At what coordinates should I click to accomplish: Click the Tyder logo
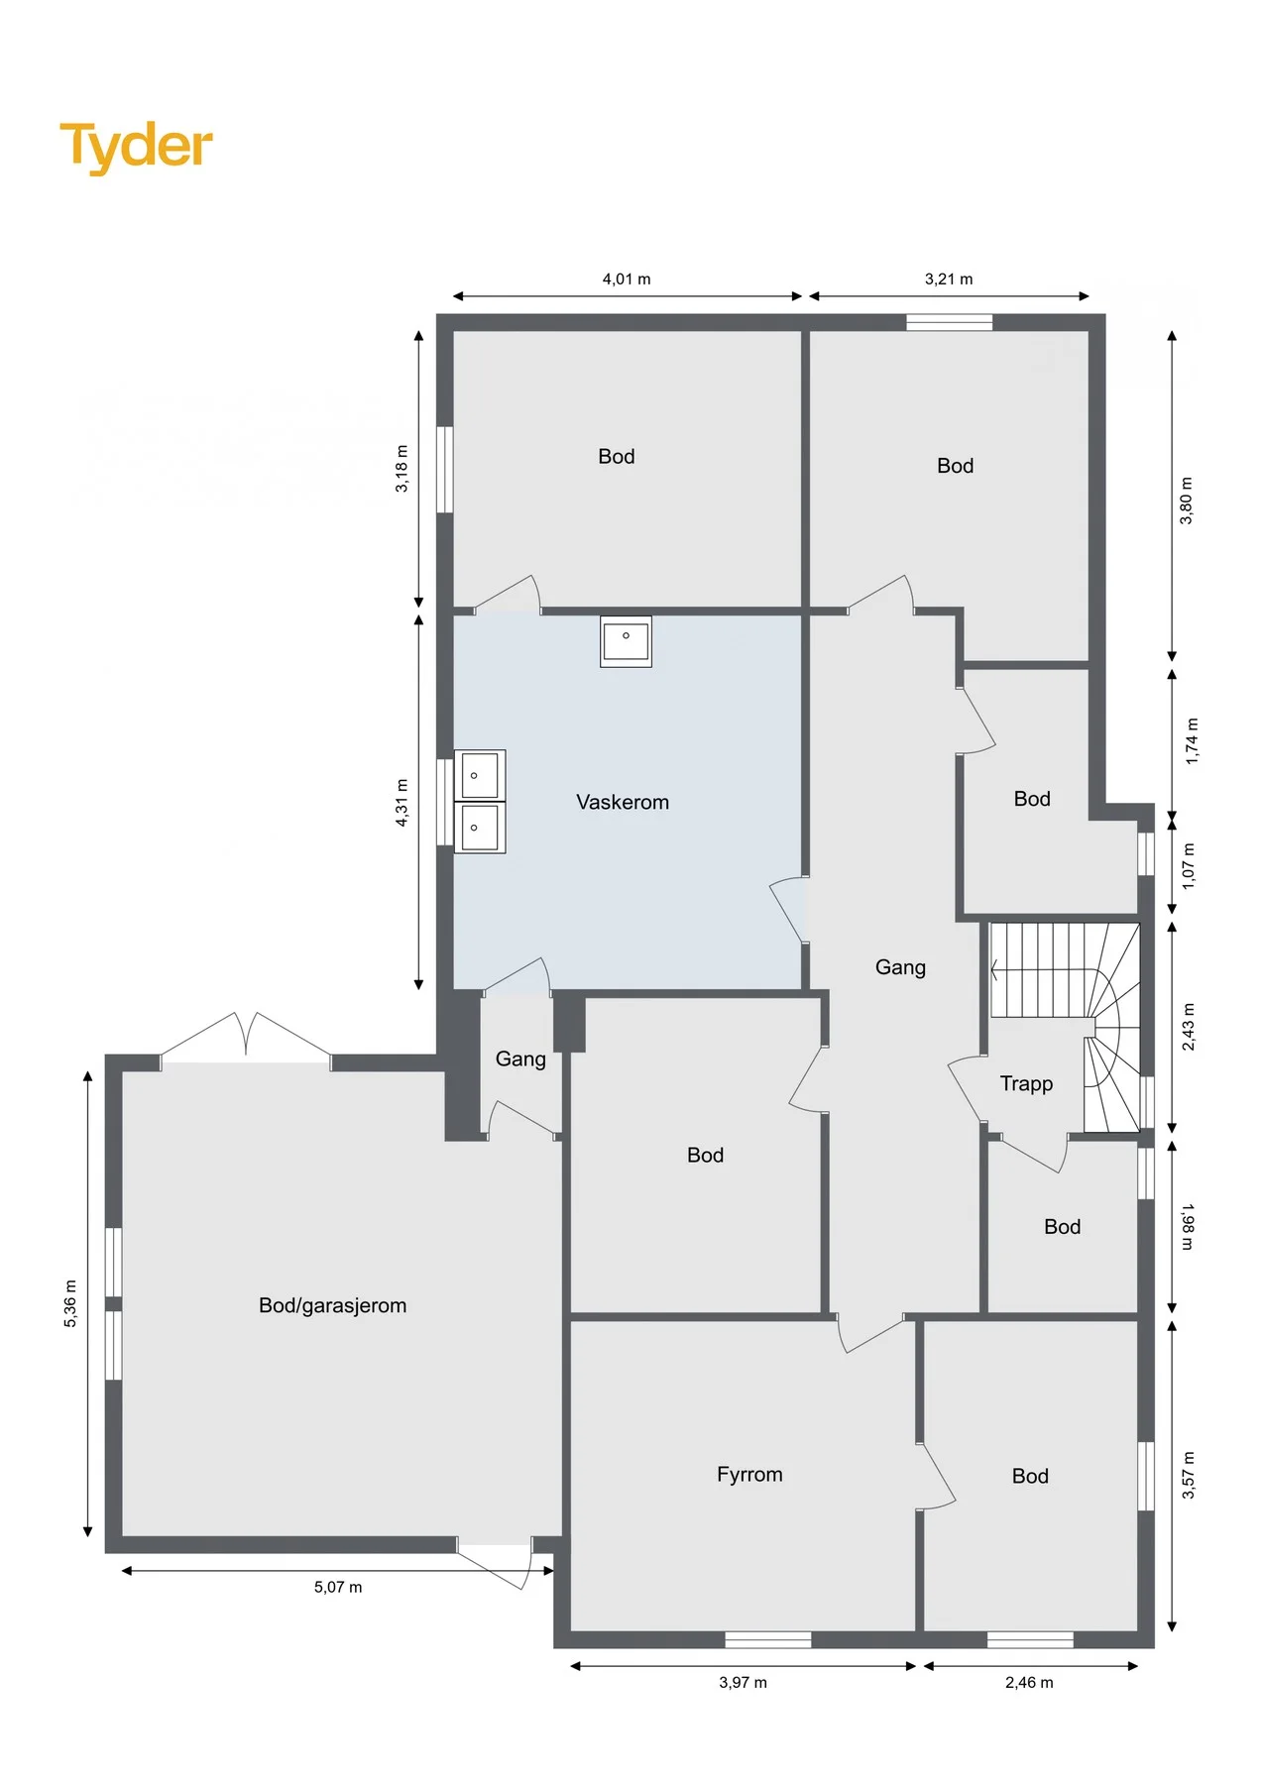click(x=136, y=147)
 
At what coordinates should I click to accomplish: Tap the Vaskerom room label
click(x=623, y=802)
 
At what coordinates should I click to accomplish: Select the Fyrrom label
click(x=749, y=1475)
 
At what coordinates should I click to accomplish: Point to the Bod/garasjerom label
click(x=332, y=1306)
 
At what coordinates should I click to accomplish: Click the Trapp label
click(x=1026, y=1084)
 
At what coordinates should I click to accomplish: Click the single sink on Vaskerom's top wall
click(x=626, y=640)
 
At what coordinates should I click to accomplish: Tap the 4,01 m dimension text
click(x=627, y=279)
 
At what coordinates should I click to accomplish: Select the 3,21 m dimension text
click(x=949, y=279)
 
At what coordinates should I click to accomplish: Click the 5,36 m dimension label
click(x=70, y=1303)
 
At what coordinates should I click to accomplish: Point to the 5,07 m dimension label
click(x=338, y=1587)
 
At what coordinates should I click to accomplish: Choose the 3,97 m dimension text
click(x=743, y=1682)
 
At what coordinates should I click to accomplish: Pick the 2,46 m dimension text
click(x=1029, y=1682)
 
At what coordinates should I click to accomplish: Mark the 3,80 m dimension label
click(x=1187, y=501)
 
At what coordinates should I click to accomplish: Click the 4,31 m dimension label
click(x=402, y=802)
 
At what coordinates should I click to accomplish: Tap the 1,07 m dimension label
click(x=1190, y=865)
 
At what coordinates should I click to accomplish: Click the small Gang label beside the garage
click(x=520, y=1059)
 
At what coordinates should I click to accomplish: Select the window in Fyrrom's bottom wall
click(x=768, y=1639)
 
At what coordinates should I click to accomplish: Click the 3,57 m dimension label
click(x=1189, y=1475)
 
